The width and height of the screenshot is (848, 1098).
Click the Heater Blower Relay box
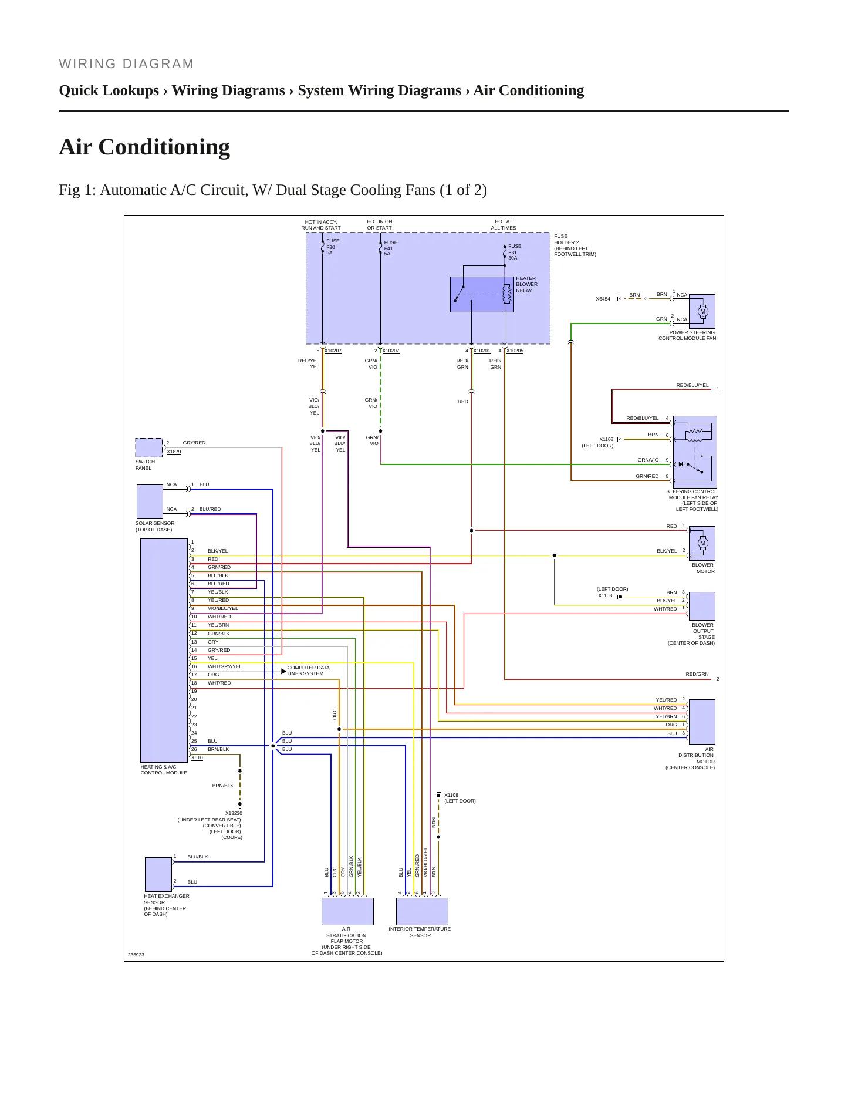pyautogui.click(x=482, y=294)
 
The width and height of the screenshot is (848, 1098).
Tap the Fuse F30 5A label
pyautogui.click(x=333, y=247)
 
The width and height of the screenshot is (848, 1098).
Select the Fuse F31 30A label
pyautogui.click(x=515, y=252)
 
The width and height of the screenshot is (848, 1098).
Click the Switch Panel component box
pyautogui.click(x=149, y=447)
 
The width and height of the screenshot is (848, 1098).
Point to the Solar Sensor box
pyautogui.click(x=150, y=501)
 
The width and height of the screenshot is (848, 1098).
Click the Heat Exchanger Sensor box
pyautogui.click(x=158, y=874)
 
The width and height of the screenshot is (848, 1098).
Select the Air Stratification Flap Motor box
pyautogui.click(x=347, y=911)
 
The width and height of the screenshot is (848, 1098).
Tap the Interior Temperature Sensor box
pyautogui.click(x=422, y=911)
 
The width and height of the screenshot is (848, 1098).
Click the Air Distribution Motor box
pyautogui.click(x=702, y=722)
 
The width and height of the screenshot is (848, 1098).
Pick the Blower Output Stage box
pyautogui.click(x=702, y=606)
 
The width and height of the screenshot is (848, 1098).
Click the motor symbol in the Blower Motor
pyautogui.click(x=702, y=543)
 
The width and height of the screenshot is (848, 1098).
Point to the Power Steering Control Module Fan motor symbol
pyautogui.click(x=702, y=311)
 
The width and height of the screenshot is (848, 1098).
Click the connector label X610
pyautogui.click(x=197, y=757)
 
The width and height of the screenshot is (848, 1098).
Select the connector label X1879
pyautogui.click(x=174, y=452)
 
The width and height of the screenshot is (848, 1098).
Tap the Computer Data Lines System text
pyautogui.click(x=308, y=671)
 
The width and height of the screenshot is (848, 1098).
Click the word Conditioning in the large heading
pyautogui.click(x=164, y=147)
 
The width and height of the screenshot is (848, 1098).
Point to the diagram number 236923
pyautogui.click(x=136, y=955)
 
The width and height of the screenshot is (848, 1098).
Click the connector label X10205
pyautogui.click(x=515, y=351)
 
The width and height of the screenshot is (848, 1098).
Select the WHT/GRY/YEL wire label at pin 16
pyautogui.click(x=225, y=666)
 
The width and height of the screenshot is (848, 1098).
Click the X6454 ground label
pyautogui.click(x=603, y=299)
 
